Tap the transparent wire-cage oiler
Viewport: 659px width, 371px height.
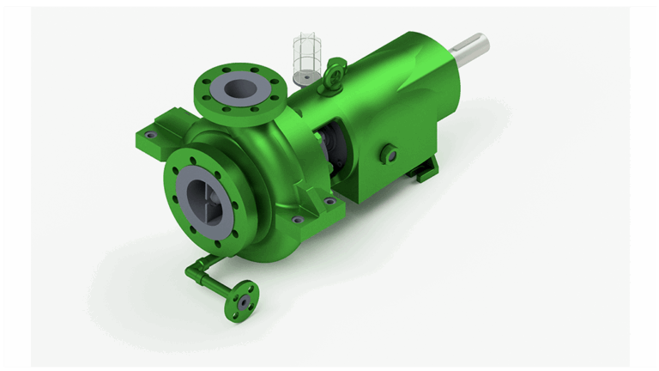click(305, 53)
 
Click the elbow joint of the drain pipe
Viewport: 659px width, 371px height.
click(193, 270)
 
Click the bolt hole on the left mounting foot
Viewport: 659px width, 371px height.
click(152, 135)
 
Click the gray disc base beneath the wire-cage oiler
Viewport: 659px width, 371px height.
click(303, 78)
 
